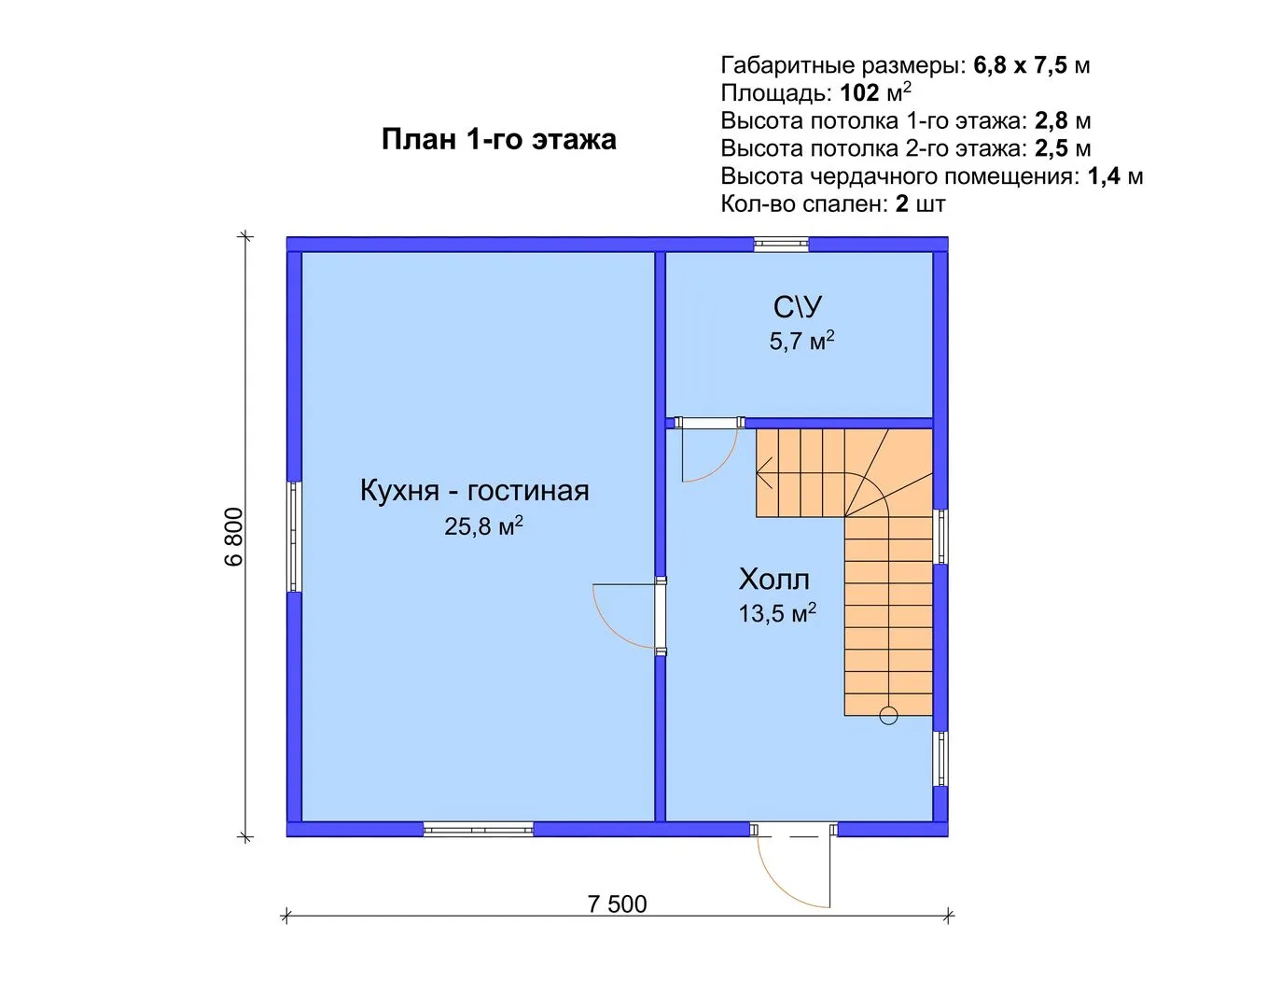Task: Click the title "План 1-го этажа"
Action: click(499, 140)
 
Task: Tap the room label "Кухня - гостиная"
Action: click(474, 491)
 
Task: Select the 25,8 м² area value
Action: click(483, 525)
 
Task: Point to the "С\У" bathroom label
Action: click(798, 307)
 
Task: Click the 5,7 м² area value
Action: click(801, 341)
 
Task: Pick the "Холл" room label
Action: click(773, 579)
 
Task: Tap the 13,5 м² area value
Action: click(777, 612)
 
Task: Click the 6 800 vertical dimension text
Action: click(234, 537)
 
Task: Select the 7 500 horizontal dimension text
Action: click(618, 903)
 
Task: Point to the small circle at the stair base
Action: click(888, 716)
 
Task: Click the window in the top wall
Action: click(782, 245)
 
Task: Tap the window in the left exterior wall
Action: click(294, 537)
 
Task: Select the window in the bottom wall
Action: click(479, 830)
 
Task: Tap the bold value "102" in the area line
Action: click(859, 93)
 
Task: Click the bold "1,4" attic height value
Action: click(1105, 176)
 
